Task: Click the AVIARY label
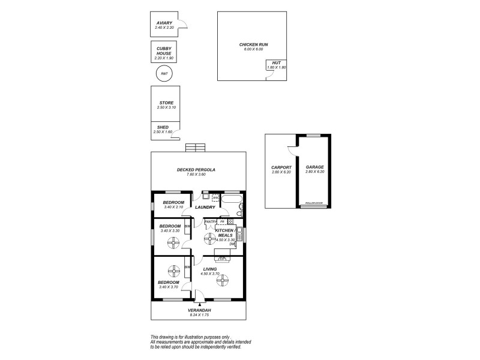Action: coord(163,23)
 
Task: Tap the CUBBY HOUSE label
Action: coord(163,50)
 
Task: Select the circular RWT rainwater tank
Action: coord(163,74)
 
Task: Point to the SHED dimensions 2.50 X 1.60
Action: coord(163,131)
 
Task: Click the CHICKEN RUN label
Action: coord(251,44)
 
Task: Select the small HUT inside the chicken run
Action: coord(277,65)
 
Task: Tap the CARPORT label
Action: coord(281,167)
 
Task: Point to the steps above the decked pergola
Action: coord(195,148)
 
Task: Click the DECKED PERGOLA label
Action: coord(196,170)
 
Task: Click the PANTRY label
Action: coord(209,221)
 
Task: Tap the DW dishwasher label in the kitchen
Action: coord(232,244)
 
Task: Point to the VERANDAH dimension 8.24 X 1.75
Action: coord(199,314)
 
